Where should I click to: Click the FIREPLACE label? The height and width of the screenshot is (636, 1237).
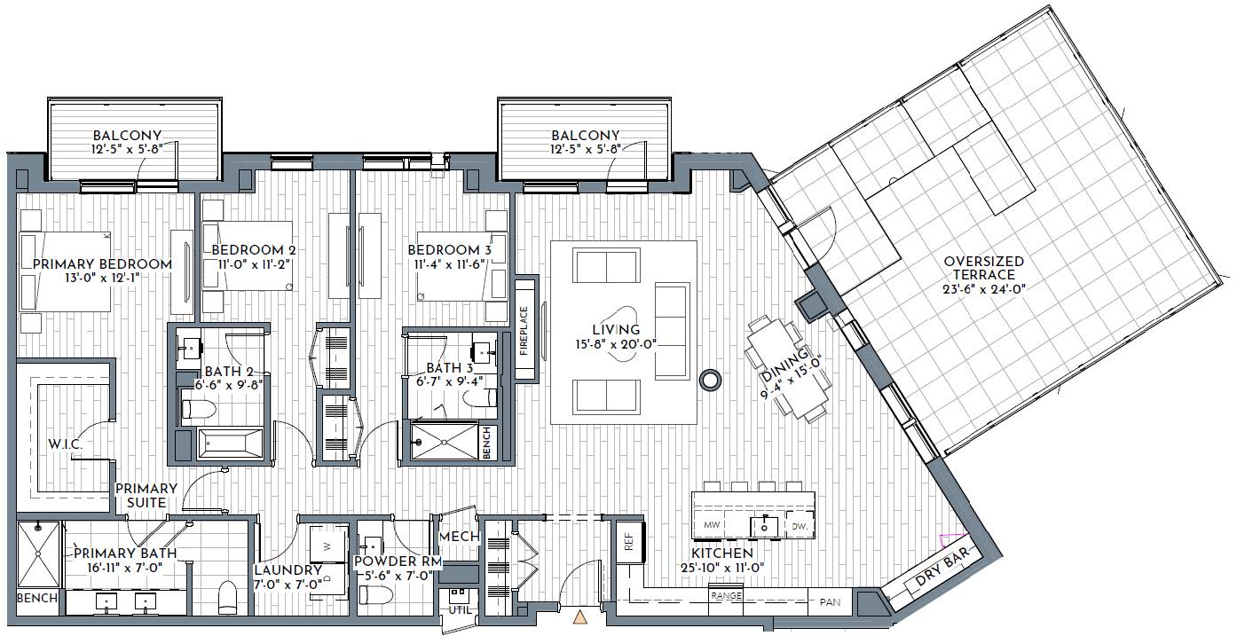pyautogui.click(x=524, y=330)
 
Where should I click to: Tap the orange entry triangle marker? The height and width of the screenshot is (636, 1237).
pyautogui.click(x=580, y=617)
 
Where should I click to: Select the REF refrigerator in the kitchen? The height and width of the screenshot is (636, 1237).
pyautogui.click(x=629, y=543)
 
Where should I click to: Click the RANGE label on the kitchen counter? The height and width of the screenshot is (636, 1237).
pyautogui.click(x=726, y=596)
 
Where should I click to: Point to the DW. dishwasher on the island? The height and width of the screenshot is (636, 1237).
pyautogui.click(x=799, y=526)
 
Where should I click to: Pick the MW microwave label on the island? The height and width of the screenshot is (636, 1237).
pyautogui.click(x=712, y=524)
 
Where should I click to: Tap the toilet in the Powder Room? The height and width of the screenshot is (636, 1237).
pyautogui.click(x=375, y=595)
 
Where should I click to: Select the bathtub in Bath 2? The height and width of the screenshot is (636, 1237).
pyautogui.click(x=231, y=443)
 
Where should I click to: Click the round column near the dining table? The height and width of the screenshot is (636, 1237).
pyautogui.click(x=710, y=380)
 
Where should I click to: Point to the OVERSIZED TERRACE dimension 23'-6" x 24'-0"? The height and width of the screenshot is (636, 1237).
pyautogui.click(x=984, y=289)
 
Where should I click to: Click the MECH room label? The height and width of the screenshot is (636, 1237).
pyautogui.click(x=459, y=536)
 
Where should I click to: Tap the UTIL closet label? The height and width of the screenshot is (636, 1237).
pyautogui.click(x=460, y=610)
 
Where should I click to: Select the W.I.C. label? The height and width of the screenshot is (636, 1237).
pyautogui.click(x=65, y=444)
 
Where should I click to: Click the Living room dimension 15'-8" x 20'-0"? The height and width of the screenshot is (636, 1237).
pyautogui.click(x=616, y=344)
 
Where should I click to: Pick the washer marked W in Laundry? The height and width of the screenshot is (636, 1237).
pyautogui.click(x=328, y=546)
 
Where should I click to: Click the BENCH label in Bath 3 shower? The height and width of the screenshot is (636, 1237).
pyautogui.click(x=486, y=443)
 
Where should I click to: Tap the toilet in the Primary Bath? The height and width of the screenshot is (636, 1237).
pyautogui.click(x=227, y=597)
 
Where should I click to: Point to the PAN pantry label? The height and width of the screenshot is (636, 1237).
pyautogui.click(x=830, y=602)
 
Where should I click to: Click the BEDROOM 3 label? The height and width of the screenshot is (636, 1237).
pyautogui.click(x=450, y=250)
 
